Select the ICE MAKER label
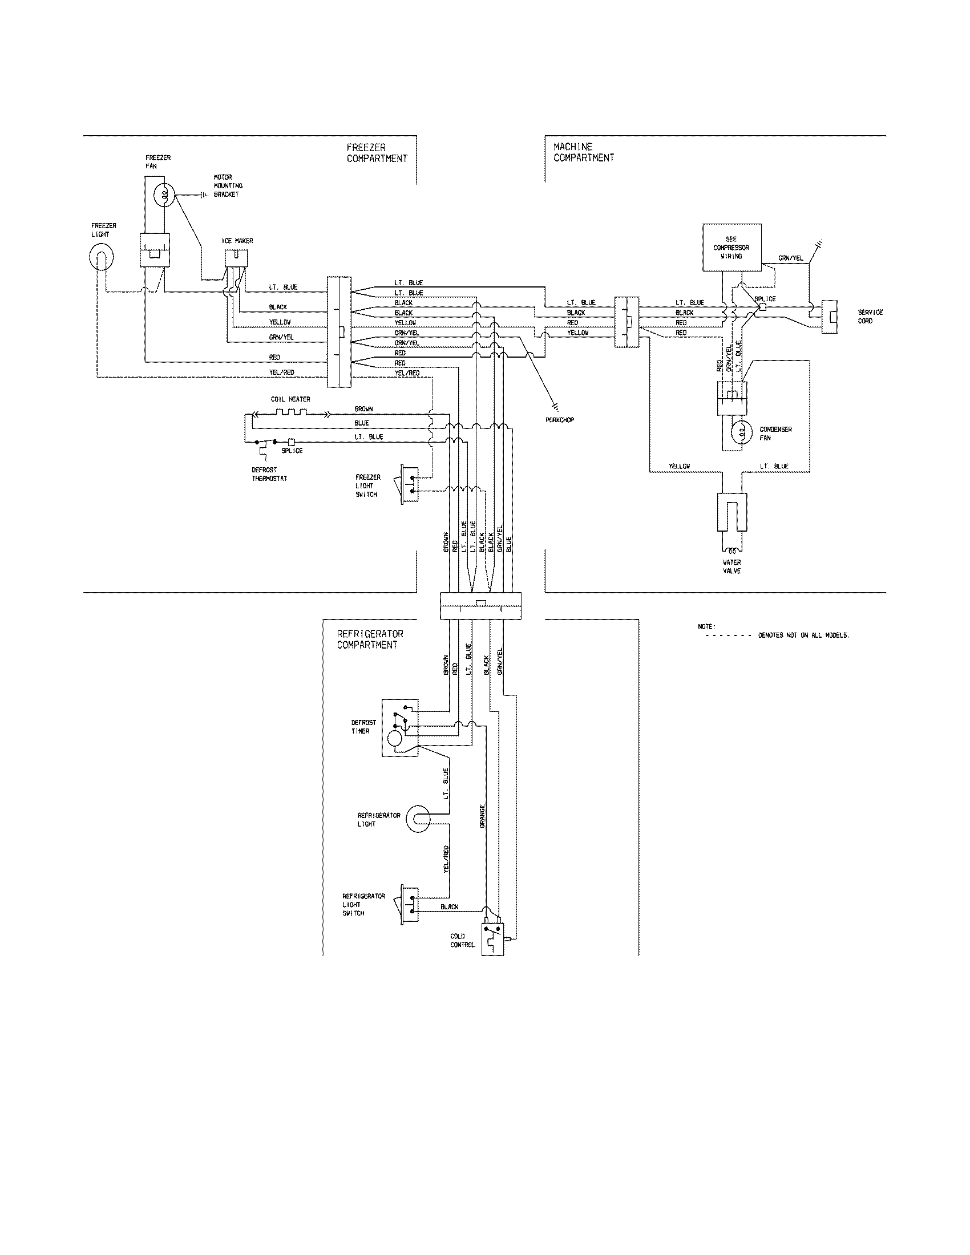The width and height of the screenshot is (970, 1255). [x=237, y=241]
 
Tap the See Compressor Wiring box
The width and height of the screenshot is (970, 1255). [x=731, y=247]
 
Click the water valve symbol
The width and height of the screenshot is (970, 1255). [x=731, y=512]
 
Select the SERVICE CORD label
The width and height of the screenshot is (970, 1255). [x=870, y=317]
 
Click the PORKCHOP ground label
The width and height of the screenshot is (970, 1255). [x=560, y=420]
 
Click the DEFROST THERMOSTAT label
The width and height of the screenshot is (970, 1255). [x=269, y=474]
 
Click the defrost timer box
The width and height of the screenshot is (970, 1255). [x=400, y=727]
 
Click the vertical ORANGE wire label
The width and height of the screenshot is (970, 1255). [x=483, y=816]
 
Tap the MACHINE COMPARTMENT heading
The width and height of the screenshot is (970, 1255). [x=584, y=152]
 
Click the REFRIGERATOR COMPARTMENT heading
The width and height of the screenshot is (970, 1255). [x=370, y=639]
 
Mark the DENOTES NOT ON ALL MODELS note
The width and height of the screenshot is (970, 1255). [x=803, y=635]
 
